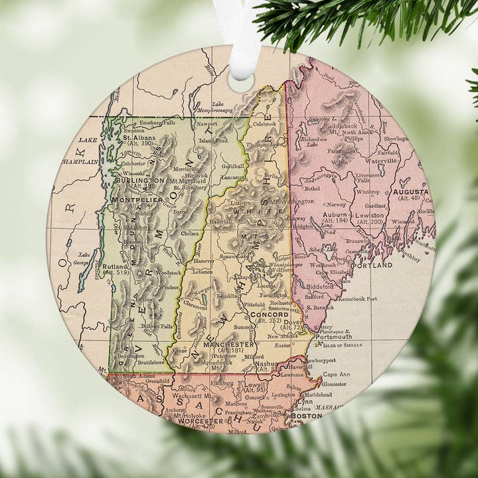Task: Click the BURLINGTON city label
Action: point(140,180)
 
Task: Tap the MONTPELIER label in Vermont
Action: point(137,200)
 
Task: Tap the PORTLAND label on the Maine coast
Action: point(372,265)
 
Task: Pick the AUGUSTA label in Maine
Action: point(410,192)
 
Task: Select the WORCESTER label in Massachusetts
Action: point(200,421)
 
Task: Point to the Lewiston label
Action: point(368,215)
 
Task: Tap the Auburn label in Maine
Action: point(335,215)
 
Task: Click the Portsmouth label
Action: point(333,337)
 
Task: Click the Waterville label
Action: point(380,161)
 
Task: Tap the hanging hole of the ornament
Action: point(241,80)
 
